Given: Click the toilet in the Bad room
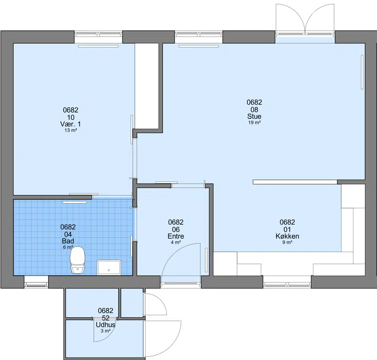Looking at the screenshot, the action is click(x=77, y=260).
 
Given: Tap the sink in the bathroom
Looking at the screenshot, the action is click(x=109, y=268).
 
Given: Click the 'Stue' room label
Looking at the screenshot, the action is click(x=254, y=116).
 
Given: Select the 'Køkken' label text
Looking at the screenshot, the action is click(x=287, y=236).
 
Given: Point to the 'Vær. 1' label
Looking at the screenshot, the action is click(x=70, y=124).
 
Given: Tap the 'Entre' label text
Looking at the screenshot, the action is click(x=176, y=236).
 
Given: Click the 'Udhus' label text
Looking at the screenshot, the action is click(x=106, y=325).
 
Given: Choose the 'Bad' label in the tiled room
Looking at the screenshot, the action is click(x=68, y=241).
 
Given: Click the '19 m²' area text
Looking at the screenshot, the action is click(x=254, y=123).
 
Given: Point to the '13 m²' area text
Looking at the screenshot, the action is click(x=71, y=131).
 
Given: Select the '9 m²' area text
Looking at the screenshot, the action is click(x=287, y=242).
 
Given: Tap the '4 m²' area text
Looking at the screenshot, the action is click(x=176, y=242).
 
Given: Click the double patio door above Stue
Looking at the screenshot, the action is click(x=305, y=20).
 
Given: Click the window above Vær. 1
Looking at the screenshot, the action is click(x=98, y=34).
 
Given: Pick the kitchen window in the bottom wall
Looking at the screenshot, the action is click(x=287, y=285).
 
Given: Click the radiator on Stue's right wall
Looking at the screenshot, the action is click(x=362, y=72).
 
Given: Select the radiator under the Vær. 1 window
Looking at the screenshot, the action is click(x=98, y=46).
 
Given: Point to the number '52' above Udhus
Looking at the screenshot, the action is click(x=106, y=318).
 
